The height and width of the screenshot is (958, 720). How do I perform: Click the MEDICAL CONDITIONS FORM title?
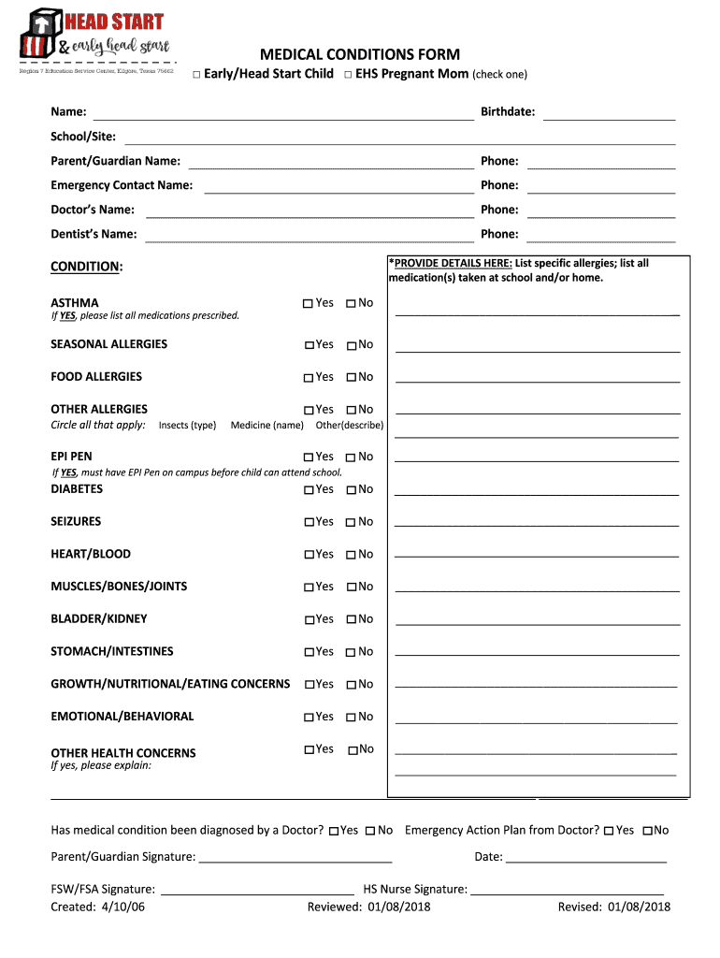coord(360,54)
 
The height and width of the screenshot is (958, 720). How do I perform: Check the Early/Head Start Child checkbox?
coord(197,75)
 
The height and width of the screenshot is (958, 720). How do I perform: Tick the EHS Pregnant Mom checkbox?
coord(347,75)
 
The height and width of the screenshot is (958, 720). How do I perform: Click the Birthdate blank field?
coord(609,113)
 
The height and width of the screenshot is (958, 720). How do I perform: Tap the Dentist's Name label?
coord(94,234)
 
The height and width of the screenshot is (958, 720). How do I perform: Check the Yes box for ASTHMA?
coord(308,304)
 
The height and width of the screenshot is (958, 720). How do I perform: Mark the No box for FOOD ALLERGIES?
coord(351,378)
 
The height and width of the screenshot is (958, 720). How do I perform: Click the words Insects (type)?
coord(187,426)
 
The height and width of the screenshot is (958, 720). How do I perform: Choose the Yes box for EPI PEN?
coord(308,457)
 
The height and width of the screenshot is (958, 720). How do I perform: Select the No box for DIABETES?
coord(351,490)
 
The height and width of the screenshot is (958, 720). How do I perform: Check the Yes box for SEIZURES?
coord(309,523)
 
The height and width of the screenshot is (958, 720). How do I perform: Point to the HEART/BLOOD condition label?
coord(91,554)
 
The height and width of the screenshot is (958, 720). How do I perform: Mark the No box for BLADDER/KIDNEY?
coord(352,620)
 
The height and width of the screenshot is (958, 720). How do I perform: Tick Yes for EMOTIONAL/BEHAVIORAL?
coord(309,718)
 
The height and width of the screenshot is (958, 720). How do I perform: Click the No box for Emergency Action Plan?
coord(648,831)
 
